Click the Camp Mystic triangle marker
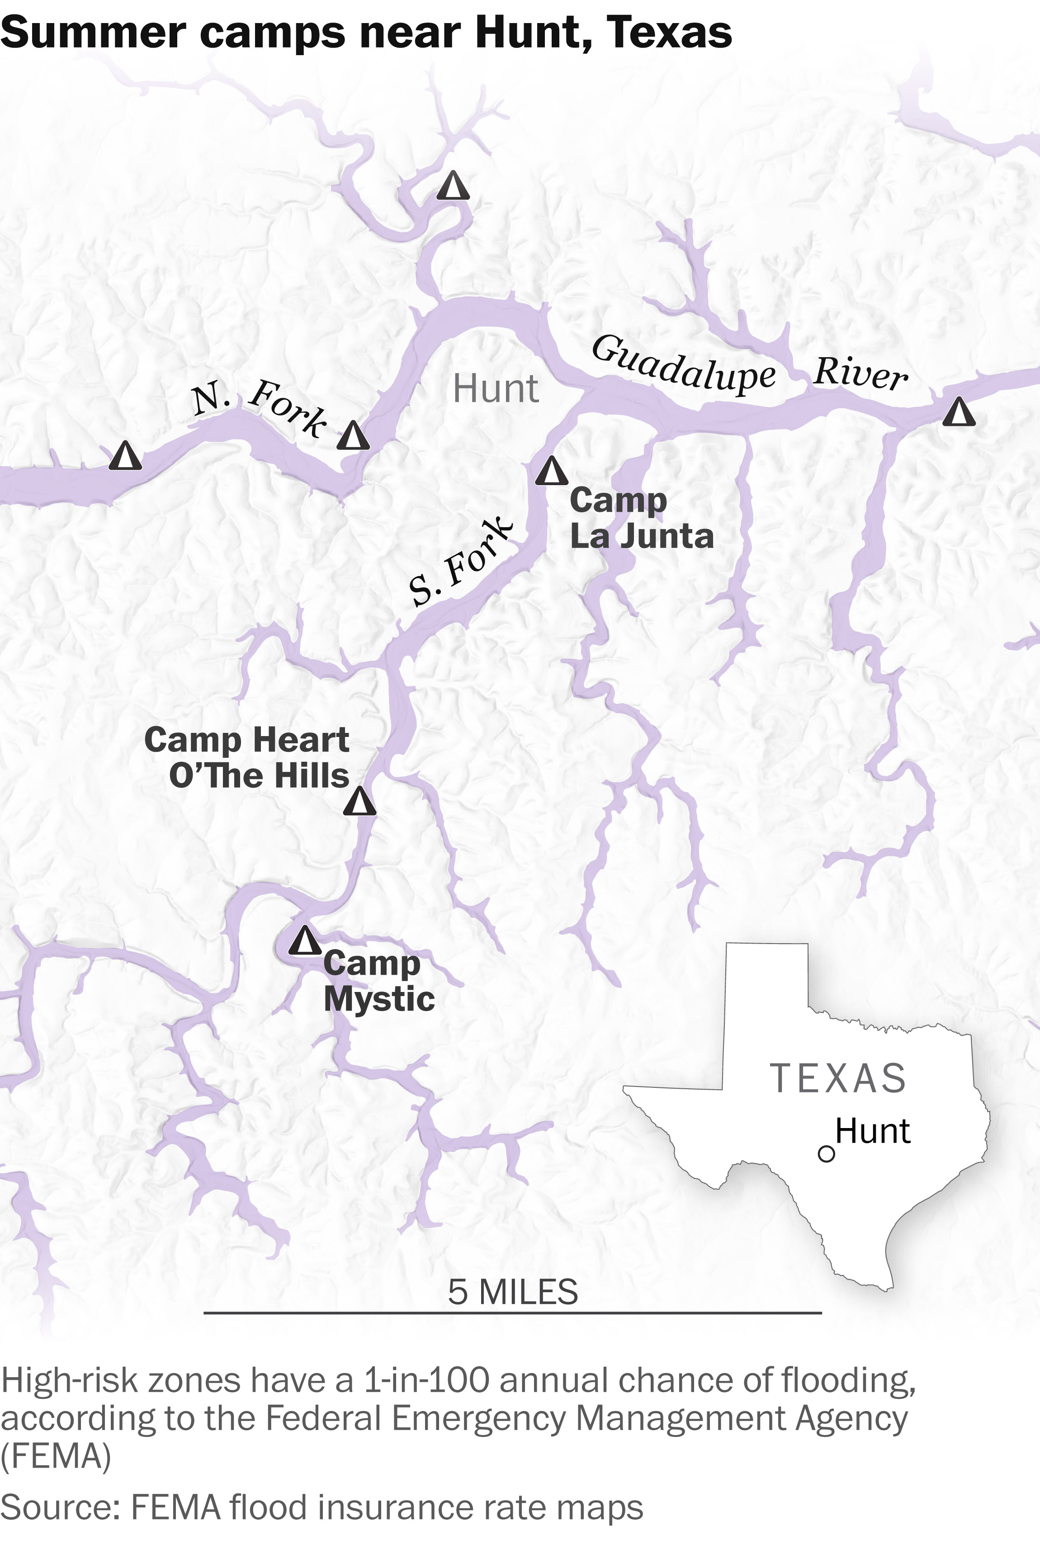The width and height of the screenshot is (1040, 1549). [304, 941]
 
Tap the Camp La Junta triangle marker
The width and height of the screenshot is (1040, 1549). [551, 472]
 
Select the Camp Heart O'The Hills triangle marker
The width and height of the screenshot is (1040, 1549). [359, 801]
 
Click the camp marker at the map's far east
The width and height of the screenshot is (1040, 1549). [959, 412]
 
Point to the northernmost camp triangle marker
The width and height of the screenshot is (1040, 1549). [453, 186]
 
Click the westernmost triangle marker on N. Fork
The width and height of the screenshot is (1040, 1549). [125, 456]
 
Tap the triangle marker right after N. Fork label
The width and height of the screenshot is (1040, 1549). [353, 436]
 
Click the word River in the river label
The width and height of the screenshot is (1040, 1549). [860, 373]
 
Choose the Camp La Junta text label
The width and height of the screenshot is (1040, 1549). [641, 519]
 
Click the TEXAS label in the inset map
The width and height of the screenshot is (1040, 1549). [838, 1079]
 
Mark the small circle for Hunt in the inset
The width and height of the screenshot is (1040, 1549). [826, 1154]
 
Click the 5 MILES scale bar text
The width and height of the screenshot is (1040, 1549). [513, 1292]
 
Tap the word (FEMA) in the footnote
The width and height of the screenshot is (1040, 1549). [56, 1456]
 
